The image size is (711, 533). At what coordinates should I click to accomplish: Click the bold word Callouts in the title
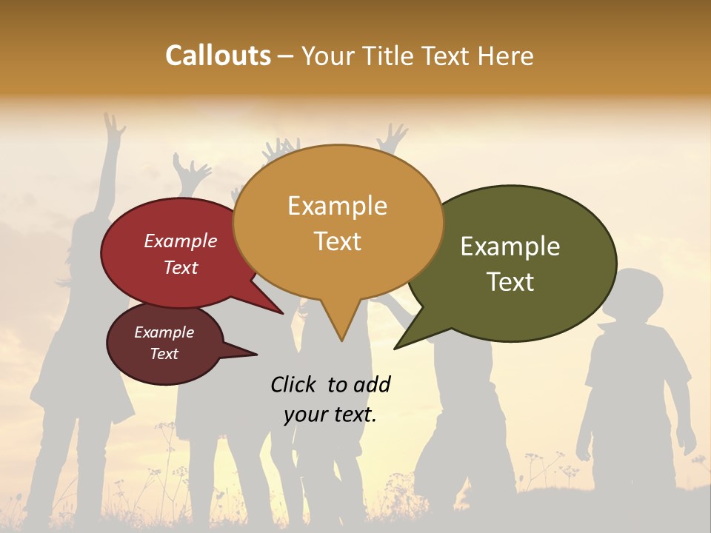[218, 56]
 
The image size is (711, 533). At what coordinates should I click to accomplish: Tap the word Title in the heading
[389, 56]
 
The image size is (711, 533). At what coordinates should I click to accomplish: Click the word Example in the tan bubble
[337, 206]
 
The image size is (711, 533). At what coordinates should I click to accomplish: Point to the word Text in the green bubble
[510, 282]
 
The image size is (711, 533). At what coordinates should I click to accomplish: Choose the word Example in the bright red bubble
[180, 241]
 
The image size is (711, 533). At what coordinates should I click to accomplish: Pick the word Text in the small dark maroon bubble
[164, 354]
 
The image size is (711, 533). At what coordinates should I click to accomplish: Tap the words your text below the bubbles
[330, 415]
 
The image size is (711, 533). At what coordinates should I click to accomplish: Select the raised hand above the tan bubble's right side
[392, 138]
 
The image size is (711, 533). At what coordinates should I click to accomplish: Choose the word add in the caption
[372, 384]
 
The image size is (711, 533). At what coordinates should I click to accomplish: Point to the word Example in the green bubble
[510, 247]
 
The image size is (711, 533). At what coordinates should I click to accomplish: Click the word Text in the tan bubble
[337, 241]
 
